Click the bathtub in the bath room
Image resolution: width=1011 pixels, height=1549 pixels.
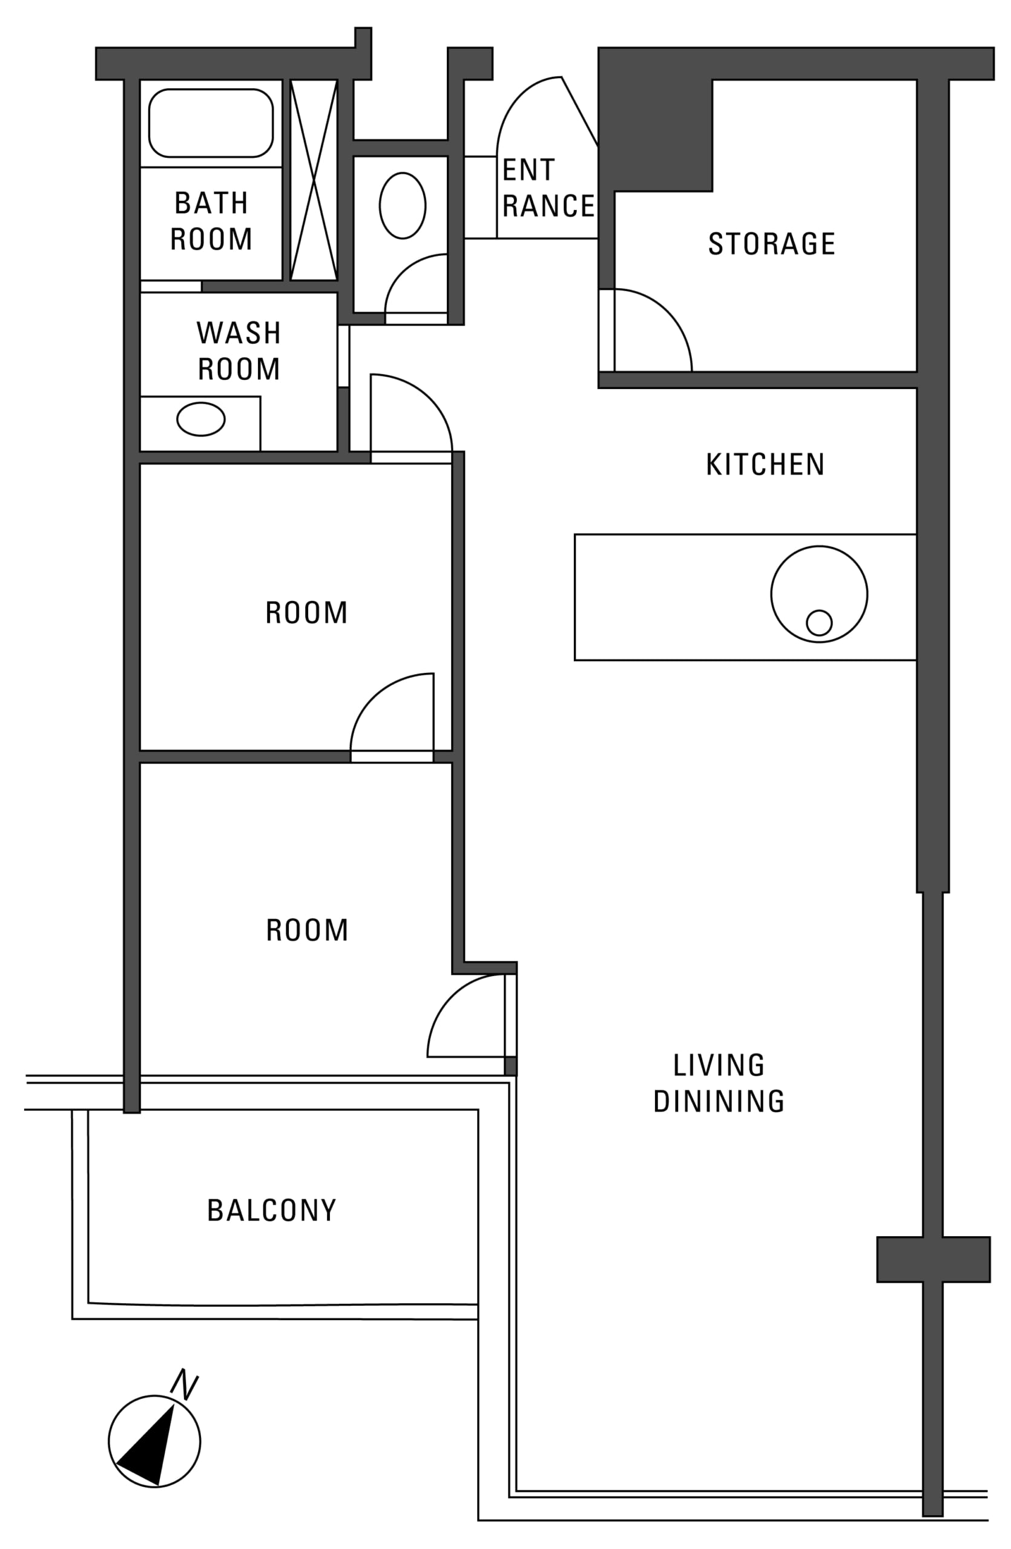[x=210, y=123]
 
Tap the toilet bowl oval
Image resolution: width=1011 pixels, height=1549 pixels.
[x=403, y=206]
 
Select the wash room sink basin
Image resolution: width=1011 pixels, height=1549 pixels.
[x=201, y=419]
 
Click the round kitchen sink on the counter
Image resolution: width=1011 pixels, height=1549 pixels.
[x=819, y=594]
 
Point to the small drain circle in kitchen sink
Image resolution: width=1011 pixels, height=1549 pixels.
[x=819, y=623]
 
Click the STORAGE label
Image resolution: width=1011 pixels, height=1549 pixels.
[x=771, y=244]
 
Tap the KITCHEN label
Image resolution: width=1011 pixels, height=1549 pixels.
[x=766, y=465]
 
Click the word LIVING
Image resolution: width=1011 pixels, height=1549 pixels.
[x=719, y=1066]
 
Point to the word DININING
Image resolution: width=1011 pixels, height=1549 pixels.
[x=719, y=1101]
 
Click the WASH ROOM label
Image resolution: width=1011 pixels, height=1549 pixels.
[x=239, y=351]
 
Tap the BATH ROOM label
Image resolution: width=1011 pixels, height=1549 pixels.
[x=211, y=221]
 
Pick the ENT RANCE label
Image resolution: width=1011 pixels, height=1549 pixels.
[x=548, y=188]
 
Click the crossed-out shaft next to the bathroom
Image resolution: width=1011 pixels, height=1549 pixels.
[x=313, y=180]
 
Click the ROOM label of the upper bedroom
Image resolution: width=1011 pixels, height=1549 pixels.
[x=306, y=613]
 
